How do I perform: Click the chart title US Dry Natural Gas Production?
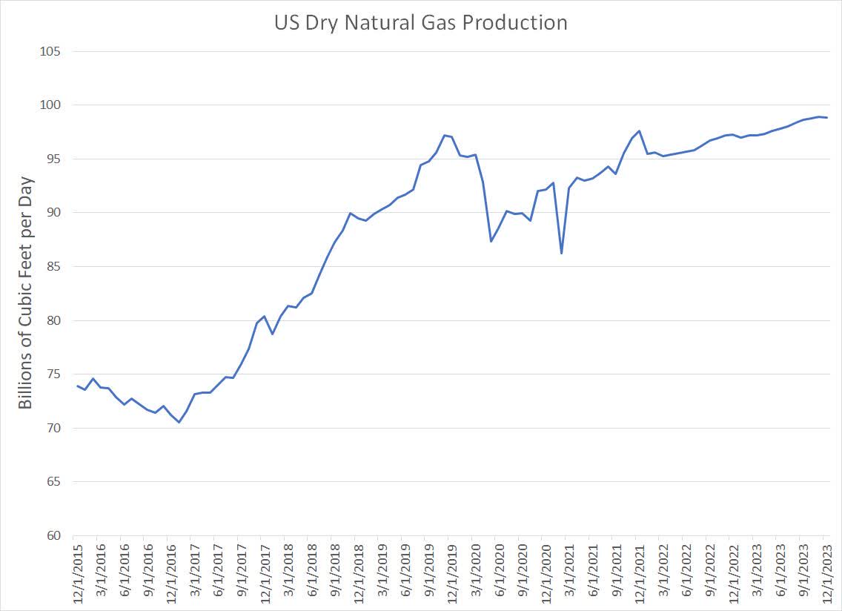click(x=420, y=23)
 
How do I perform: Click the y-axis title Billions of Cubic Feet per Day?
click(x=26, y=293)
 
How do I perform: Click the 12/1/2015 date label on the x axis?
click(x=78, y=573)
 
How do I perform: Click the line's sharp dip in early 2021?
click(x=561, y=254)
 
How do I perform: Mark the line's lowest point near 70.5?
click(x=179, y=422)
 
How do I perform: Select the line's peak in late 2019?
click(x=444, y=135)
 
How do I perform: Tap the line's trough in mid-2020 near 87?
click(x=491, y=241)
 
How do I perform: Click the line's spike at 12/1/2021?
click(x=639, y=131)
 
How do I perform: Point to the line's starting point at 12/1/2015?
click(x=77, y=386)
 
